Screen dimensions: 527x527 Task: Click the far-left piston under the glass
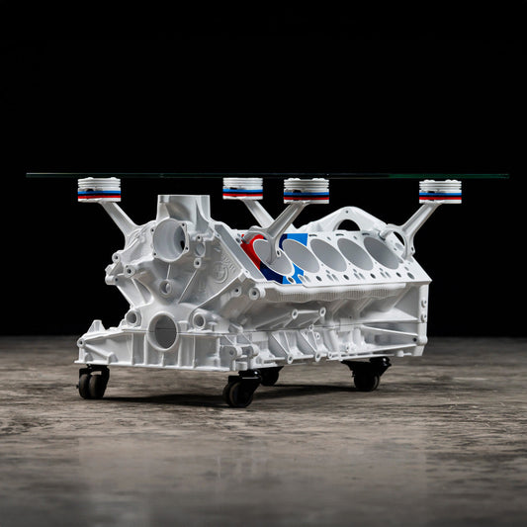coord(99,189)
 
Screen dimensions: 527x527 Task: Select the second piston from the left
coord(242,188)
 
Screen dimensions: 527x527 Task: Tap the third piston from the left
coord(306,190)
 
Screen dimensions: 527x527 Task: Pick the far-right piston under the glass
coord(439,190)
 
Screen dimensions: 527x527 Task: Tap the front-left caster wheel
coord(93,384)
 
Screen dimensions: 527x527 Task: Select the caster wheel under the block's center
coord(239,392)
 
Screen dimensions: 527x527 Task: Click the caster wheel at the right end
coord(367,377)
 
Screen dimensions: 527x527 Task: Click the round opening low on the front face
coord(163,331)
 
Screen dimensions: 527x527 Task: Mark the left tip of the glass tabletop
coord(29,175)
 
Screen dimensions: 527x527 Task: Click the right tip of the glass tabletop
coord(506,176)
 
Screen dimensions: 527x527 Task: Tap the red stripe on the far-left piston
coord(99,197)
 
